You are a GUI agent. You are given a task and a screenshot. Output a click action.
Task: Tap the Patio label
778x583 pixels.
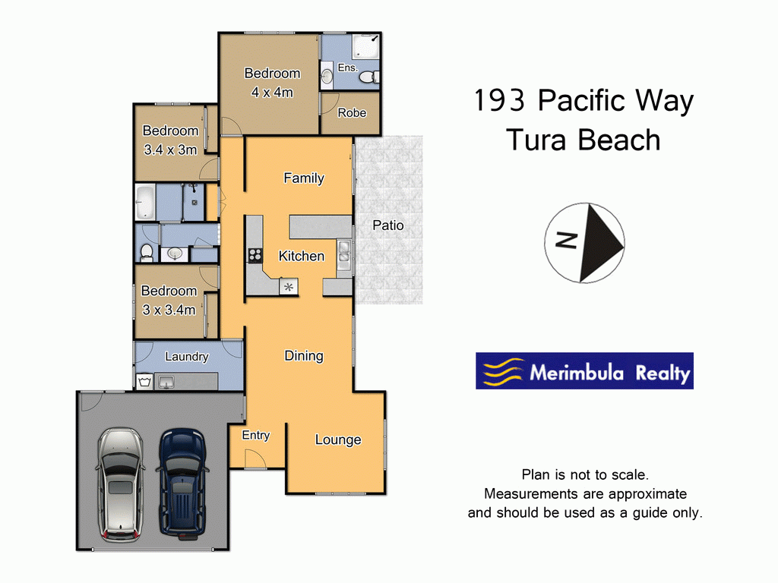pyautogui.click(x=388, y=225)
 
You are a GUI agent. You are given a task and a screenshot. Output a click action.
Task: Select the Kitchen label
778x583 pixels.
pyautogui.click(x=302, y=257)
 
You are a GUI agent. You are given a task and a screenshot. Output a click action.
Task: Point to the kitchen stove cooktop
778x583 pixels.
pyautogui.click(x=255, y=256)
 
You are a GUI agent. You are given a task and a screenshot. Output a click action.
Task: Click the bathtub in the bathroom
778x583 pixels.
pyautogui.click(x=145, y=202)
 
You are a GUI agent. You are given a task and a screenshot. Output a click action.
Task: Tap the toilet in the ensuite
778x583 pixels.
pyautogui.click(x=368, y=77)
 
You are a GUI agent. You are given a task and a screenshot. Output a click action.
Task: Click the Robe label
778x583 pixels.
pyautogui.click(x=352, y=113)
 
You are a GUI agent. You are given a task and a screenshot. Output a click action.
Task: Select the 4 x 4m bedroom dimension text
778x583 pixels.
pyautogui.click(x=272, y=93)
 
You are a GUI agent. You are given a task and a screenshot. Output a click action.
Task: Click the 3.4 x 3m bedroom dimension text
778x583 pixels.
pyautogui.click(x=170, y=150)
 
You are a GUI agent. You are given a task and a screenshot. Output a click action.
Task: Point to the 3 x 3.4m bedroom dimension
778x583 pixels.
pyautogui.click(x=169, y=310)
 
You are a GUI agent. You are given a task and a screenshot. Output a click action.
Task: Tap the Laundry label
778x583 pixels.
pyautogui.click(x=186, y=356)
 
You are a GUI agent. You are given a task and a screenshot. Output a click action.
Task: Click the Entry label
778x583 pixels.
pyautogui.click(x=256, y=435)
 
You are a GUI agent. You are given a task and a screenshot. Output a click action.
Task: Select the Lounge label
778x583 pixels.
pyautogui.click(x=338, y=440)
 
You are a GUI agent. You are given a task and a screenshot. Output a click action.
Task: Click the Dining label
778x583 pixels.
pyautogui.click(x=304, y=355)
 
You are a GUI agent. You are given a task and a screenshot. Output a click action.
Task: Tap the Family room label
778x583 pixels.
pyautogui.click(x=304, y=178)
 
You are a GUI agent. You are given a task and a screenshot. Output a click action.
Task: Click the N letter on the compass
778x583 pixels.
pyautogui.click(x=565, y=241)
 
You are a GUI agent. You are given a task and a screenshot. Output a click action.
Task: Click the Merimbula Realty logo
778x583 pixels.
pyautogui.click(x=584, y=371)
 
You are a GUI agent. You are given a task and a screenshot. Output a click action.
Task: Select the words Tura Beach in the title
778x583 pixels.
pyautogui.click(x=583, y=140)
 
